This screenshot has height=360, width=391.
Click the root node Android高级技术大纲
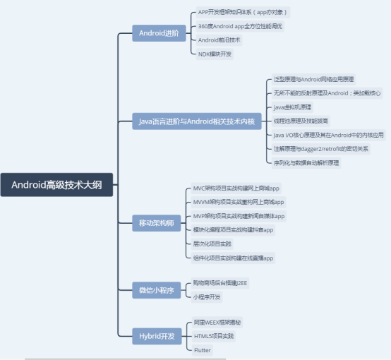56,186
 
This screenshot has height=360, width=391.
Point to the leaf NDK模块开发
215,53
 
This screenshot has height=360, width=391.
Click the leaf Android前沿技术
219,40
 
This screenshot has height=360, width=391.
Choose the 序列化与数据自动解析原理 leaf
306,163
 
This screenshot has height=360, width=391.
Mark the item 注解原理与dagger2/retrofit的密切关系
321,149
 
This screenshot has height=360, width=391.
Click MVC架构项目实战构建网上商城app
236,188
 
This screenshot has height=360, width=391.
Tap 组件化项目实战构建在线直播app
234,258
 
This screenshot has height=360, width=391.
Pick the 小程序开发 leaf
207,296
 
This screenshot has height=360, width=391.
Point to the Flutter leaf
203,349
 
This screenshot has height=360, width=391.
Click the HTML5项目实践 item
214,335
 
